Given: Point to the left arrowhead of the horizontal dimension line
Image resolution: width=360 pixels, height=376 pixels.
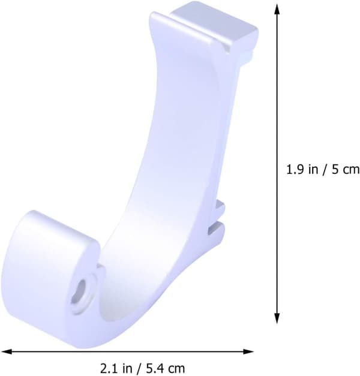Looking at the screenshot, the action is click(x=6, y=352).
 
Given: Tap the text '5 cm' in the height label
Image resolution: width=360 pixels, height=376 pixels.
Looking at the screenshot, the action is click(x=346, y=170).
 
